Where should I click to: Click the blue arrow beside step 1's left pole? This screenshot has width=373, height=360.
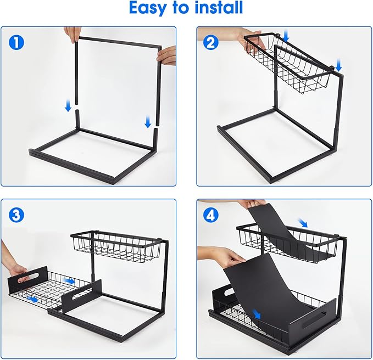(68, 105)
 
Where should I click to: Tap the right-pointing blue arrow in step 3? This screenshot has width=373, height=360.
(70, 280)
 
